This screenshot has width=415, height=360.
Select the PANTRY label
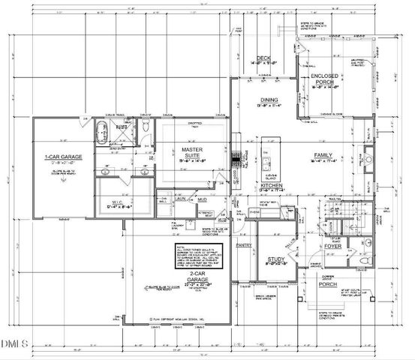(242, 245)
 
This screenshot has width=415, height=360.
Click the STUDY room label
(276, 259)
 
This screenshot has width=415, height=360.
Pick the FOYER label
(332, 244)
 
